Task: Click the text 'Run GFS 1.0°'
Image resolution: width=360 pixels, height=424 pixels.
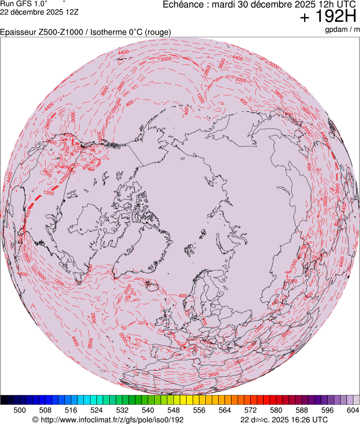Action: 24,3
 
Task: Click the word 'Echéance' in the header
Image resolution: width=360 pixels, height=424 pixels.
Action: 183,4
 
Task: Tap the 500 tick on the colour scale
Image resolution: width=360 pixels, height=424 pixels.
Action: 20,410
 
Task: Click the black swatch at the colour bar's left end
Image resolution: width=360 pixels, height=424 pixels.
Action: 4,400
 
